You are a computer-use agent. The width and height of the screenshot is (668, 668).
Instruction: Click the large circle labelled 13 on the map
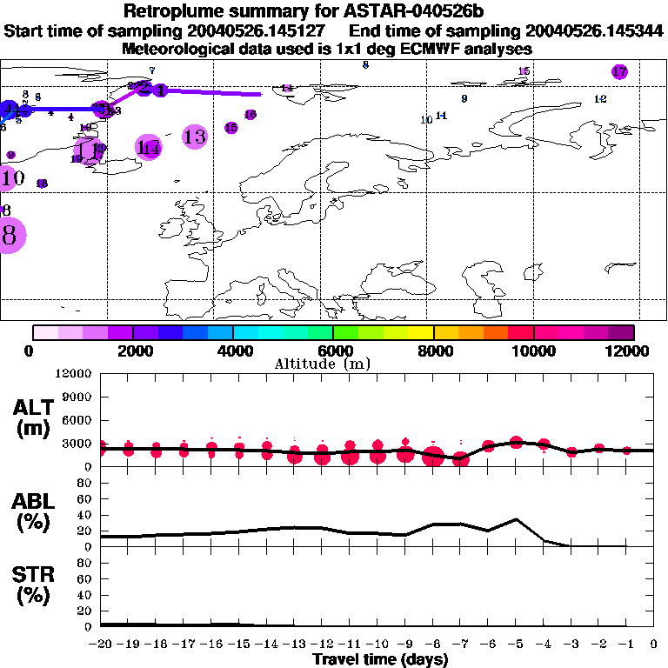pyautogui.click(x=195, y=137)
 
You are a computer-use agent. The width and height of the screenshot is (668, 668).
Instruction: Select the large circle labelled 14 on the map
pyautogui.click(x=150, y=148)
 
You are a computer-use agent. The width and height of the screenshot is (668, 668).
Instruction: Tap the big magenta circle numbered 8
pyautogui.click(x=10, y=235)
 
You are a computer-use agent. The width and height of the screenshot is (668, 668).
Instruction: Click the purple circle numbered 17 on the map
pyautogui.click(x=619, y=72)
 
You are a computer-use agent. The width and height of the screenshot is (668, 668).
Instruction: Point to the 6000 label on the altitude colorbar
pyautogui.click(x=331, y=351)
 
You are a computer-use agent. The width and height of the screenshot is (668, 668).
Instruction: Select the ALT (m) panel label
pyautogui.click(x=32, y=417)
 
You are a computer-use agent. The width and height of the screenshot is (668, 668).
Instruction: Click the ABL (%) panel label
pyautogui.click(x=32, y=511)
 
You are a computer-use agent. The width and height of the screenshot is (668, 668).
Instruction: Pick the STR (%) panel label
pyautogui.click(x=32, y=584)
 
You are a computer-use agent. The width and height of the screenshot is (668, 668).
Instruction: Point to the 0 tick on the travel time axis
pyautogui.click(x=654, y=644)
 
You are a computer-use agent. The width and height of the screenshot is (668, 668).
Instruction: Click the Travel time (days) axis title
pyautogui.click(x=380, y=659)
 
